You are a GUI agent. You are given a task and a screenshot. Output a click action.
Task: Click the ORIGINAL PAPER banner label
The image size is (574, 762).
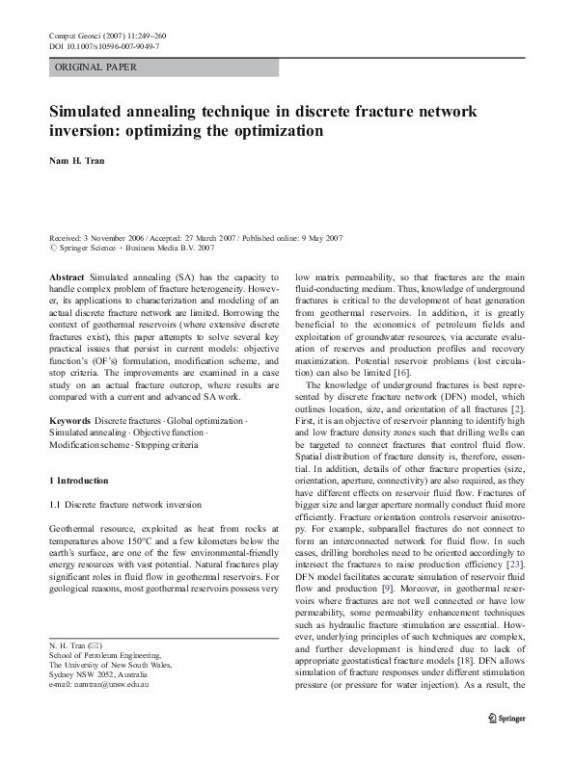96,67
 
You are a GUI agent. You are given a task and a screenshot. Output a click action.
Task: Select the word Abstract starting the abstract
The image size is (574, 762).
68,276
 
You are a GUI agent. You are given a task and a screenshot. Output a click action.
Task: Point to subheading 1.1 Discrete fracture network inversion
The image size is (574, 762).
125,504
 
